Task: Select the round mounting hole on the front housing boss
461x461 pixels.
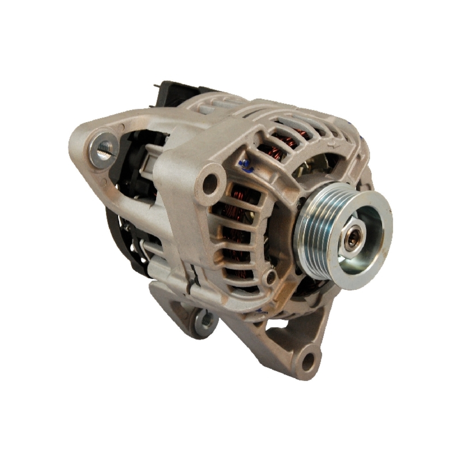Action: coord(210,183)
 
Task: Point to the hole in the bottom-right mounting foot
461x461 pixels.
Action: coord(307,361)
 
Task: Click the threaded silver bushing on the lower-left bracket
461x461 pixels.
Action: coord(204,320)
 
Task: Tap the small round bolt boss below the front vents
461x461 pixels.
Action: coord(270,277)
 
